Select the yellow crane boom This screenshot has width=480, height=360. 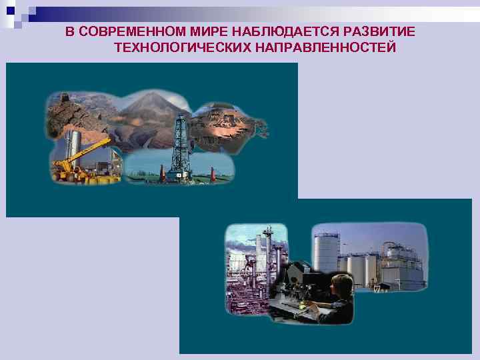coord(90,151)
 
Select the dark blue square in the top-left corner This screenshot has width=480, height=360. coord(10,10)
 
